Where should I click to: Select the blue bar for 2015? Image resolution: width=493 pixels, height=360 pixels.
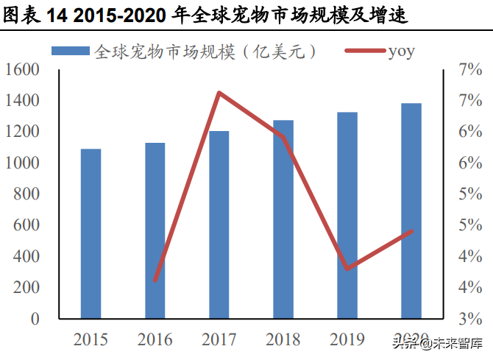(x=91, y=234)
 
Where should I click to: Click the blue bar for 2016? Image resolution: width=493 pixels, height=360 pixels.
(x=155, y=230)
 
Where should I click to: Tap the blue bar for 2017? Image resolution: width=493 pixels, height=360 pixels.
(x=219, y=225)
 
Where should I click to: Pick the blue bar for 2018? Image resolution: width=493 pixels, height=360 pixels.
(x=283, y=219)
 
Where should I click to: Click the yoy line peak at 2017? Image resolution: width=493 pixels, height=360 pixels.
(x=219, y=93)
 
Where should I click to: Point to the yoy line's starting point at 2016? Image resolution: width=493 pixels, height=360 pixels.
(x=155, y=280)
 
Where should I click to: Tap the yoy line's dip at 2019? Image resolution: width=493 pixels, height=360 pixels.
(x=347, y=268)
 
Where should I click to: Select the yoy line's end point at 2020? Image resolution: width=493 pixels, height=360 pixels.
(x=411, y=231)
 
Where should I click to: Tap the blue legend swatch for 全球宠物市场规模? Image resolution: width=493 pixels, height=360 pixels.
(x=71, y=52)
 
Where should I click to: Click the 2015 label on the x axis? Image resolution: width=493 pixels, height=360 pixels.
(x=91, y=339)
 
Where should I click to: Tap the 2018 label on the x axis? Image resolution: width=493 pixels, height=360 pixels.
(x=283, y=339)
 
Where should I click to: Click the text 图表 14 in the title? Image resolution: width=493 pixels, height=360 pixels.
(x=33, y=15)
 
